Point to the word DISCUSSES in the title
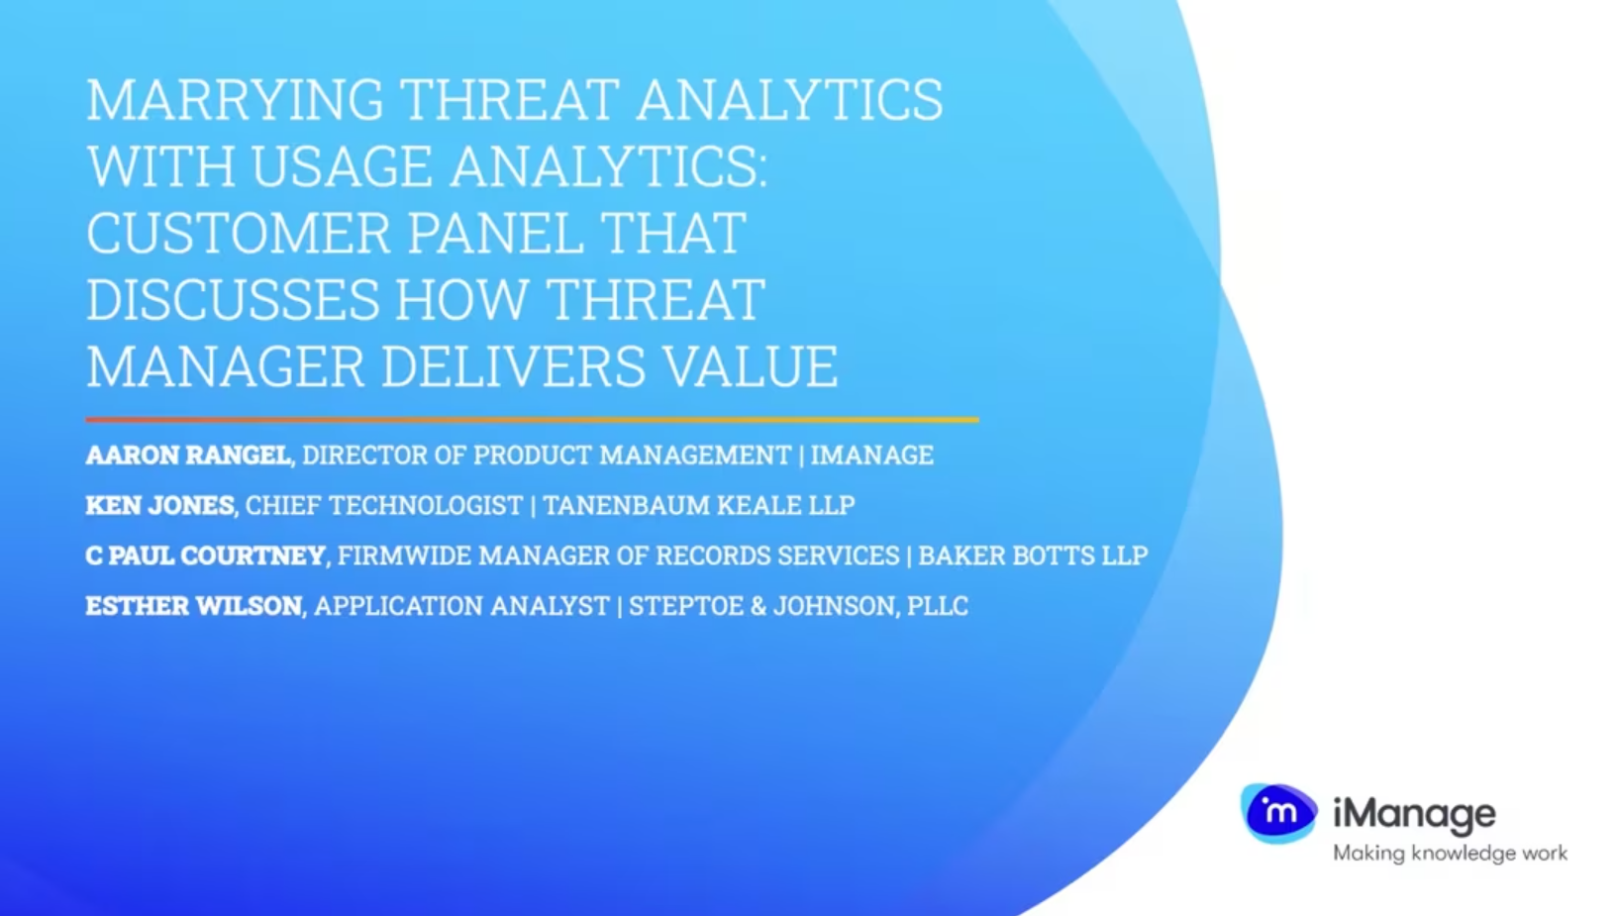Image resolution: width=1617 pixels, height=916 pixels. (x=233, y=299)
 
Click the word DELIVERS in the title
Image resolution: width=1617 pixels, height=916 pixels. (x=513, y=366)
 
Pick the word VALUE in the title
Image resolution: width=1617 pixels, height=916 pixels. (x=751, y=366)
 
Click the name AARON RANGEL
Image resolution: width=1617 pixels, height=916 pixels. (x=188, y=455)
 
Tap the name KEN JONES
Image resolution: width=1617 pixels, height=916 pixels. (x=159, y=505)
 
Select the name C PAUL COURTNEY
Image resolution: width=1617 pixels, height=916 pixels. (x=206, y=556)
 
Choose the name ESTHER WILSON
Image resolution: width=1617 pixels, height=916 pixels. (x=194, y=606)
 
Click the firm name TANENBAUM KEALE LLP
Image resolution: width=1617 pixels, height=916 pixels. (x=699, y=505)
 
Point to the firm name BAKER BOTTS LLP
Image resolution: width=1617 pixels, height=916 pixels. (x=1033, y=556)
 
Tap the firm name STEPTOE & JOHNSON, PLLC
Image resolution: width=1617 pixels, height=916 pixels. (x=798, y=606)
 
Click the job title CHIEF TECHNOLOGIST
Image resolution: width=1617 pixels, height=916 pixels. (x=384, y=505)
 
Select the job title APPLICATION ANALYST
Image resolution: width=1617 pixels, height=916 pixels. (x=462, y=606)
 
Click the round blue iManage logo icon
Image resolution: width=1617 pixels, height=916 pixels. (x=1279, y=813)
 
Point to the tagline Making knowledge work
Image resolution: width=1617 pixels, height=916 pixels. (x=1451, y=854)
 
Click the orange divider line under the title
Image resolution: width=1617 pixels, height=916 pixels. (x=532, y=420)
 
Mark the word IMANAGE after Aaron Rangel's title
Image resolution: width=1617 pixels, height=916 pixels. (x=872, y=455)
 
